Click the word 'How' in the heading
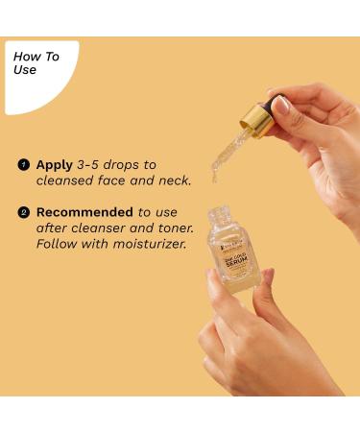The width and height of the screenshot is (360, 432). pyautogui.click(x=25, y=57)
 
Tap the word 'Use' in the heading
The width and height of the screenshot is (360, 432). pyautogui.click(x=25, y=70)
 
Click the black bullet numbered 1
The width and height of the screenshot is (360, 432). pyautogui.click(x=23, y=165)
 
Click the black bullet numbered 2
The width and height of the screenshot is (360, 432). pyautogui.click(x=23, y=211)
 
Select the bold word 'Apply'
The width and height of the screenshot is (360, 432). pyautogui.click(x=55, y=165)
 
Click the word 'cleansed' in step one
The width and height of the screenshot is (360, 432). pyautogui.click(x=66, y=180)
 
